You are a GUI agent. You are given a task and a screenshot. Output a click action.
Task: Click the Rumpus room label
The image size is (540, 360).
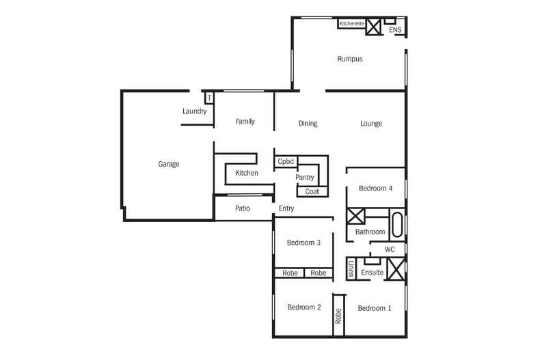[x=349, y=59]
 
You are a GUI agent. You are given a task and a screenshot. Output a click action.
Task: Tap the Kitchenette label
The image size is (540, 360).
[x=351, y=24]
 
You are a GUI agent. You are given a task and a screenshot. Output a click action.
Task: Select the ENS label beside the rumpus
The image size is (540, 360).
[x=395, y=31]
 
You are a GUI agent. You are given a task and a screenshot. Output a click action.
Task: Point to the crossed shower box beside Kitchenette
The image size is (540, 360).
[x=373, y=27]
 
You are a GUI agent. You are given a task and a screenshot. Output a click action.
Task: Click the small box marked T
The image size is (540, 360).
[x=209, y=98]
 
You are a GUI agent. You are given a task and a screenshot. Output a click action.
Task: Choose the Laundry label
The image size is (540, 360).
[x=194, y=111]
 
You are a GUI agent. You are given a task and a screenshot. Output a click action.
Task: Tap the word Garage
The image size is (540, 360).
[x=169, y=164]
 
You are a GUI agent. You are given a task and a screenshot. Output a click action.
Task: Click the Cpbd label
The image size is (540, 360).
[x=286, y=162]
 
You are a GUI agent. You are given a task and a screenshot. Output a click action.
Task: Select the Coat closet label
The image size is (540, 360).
[x=312, y=191]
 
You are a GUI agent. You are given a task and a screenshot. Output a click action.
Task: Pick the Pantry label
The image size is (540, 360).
[x=304, y=178]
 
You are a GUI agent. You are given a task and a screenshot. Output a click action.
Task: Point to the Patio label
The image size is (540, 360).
[x=243, y=208]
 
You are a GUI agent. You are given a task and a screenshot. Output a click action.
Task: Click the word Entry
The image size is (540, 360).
[x=286, y=208]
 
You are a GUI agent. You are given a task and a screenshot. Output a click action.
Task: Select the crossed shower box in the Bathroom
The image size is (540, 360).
[x=356, y=217]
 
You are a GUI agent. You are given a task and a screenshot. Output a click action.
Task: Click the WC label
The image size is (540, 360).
[x=390, y=249]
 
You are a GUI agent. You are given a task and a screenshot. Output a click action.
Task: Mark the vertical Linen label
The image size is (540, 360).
[x=351, y=268]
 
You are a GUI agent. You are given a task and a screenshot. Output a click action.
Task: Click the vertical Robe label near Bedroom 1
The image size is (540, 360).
[x=338, y=316]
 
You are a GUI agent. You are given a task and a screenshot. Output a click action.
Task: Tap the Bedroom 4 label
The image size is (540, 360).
[x=375, y=189]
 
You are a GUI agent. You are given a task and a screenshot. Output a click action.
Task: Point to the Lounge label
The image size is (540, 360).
[x=371, y=124]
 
